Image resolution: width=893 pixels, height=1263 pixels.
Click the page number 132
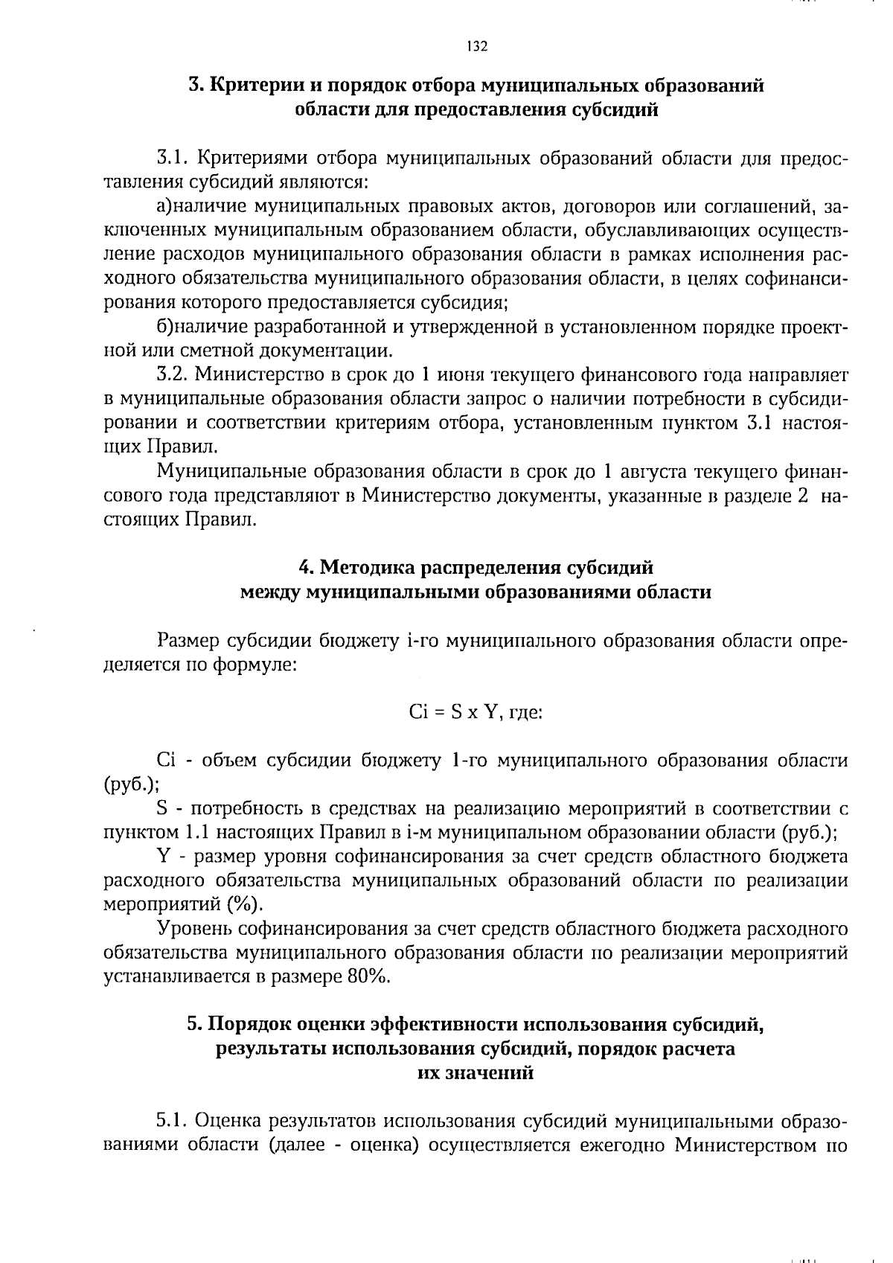point(477,47)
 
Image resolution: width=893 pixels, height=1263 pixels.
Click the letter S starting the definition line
point(163,808)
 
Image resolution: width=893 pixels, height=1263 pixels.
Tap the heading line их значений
point(476,1073)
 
